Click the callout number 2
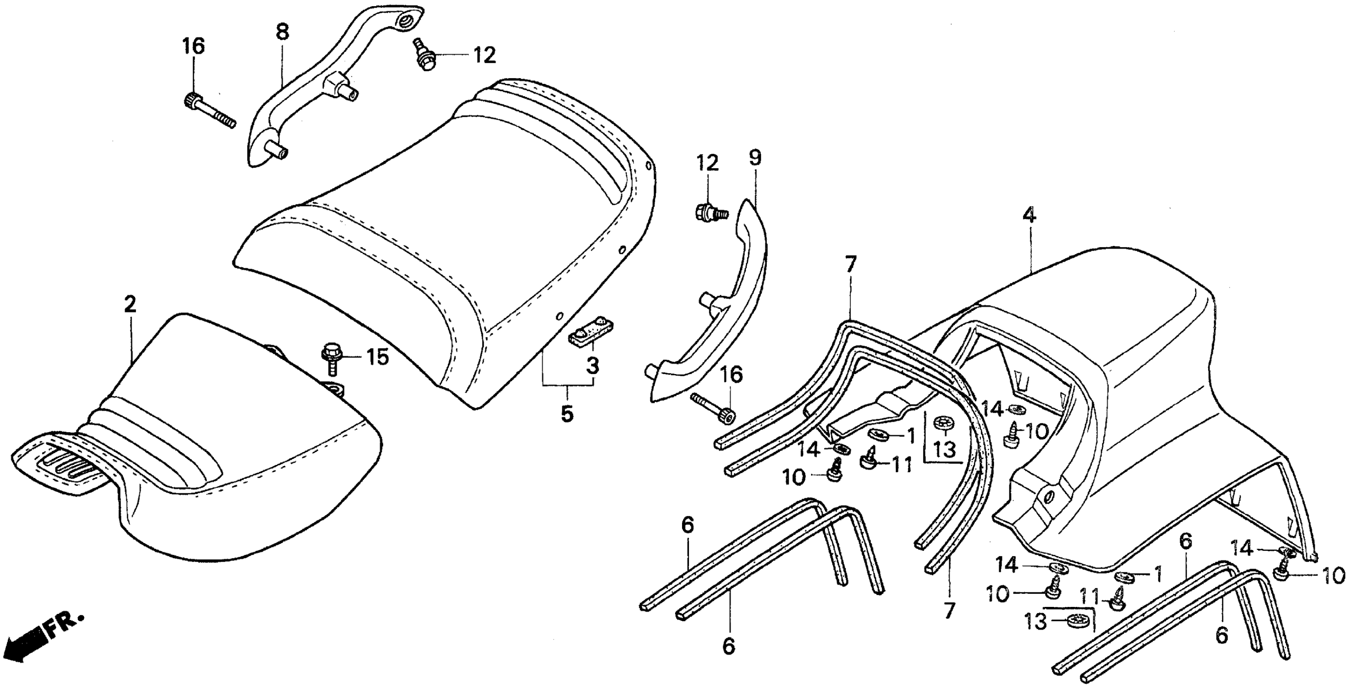[x=129, y=304]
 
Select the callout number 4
[x=1029, y=215]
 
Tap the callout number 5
[x=567, y=414]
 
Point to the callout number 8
[x=282, y=33]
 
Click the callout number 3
[x=592, y=366]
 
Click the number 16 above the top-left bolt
[x=193, y=46]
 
